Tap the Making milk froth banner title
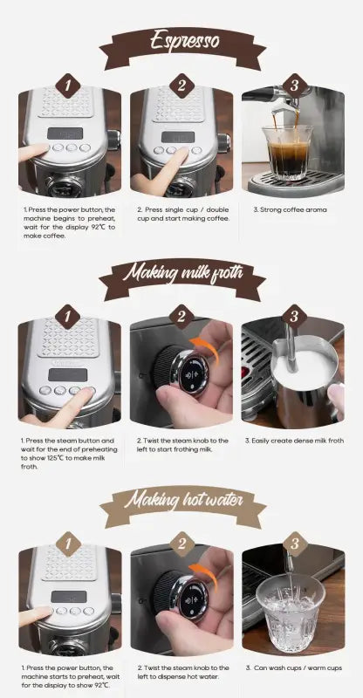(x=181, y=272)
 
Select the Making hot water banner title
(x=181, y=501)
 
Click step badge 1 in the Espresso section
(x=69, y=86)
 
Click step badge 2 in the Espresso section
(x=181, y=86)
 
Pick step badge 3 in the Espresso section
(x=294, y=86)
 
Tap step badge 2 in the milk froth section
(x=181, y=316)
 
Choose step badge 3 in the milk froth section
(x=294, y=316)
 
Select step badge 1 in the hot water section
(x=69, y=544)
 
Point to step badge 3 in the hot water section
(x=294, y=544)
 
